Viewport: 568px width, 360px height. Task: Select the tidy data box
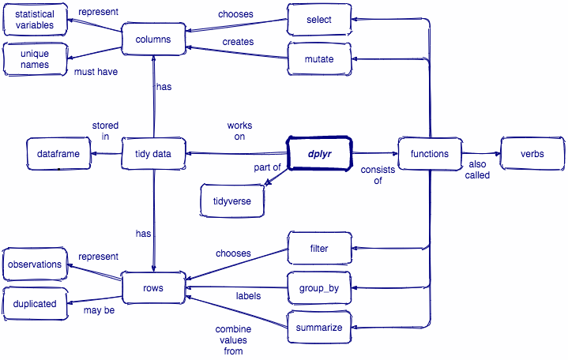click(154, 154)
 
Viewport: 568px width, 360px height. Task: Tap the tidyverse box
click(232, 201)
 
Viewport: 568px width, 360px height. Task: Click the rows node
click(153, 288)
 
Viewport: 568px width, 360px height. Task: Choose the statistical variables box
click(35, 20)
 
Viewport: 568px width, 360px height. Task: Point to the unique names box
click(35, 58)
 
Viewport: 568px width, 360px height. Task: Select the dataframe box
click(58, 154)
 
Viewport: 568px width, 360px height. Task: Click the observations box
click(35, 264)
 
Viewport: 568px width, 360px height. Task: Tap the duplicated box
click(35, 302)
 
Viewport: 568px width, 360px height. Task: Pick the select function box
click(318, 19)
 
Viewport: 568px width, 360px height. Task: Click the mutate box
click(318, 58)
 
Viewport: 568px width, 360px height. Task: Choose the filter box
click(319, 249)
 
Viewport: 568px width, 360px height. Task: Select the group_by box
click(319, 288)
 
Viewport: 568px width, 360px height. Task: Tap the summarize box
click(319, 328)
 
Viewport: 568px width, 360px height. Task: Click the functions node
click(429, 154)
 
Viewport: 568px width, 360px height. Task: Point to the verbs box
click(532, 154)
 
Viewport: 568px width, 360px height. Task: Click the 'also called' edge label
click(478, 170)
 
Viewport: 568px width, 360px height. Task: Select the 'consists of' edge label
click(372, 174)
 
